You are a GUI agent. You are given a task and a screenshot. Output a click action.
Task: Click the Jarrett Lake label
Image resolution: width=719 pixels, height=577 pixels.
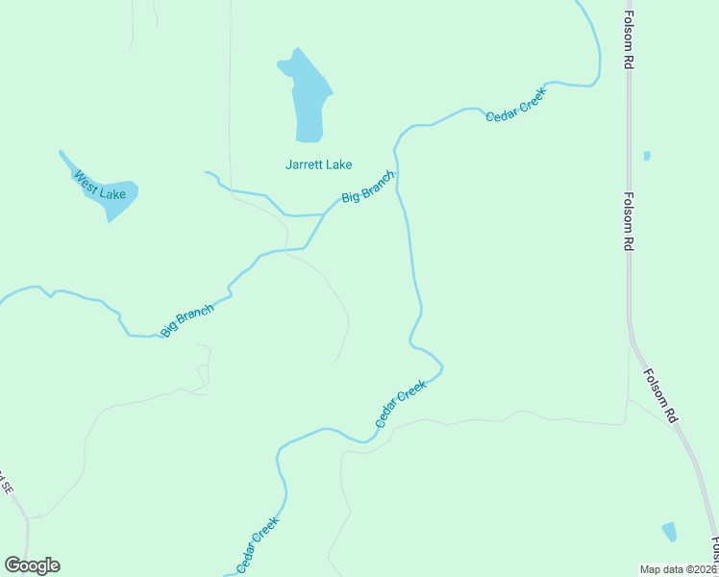tap(319, 164)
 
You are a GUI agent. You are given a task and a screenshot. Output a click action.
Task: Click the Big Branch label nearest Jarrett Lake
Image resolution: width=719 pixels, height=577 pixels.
tap(368, 186)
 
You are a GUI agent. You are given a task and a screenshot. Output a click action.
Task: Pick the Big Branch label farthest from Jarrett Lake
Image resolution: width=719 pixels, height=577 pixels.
tap(186, 320)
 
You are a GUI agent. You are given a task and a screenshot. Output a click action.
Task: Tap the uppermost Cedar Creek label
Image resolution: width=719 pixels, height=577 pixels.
tap(515, 105)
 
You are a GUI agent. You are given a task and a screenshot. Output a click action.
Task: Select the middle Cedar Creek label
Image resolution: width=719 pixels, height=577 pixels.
tap(400, 405)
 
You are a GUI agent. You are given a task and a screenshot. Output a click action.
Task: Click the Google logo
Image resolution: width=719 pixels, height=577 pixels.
tap(32, 565)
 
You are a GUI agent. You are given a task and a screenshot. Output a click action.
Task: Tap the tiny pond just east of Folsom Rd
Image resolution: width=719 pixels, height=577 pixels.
tap(647, 156)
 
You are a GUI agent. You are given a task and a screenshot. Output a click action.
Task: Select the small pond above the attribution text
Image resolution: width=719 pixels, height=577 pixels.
tap(669, 532)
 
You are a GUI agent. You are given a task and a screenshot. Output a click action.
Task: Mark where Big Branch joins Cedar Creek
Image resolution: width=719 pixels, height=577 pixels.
tap(396, 173)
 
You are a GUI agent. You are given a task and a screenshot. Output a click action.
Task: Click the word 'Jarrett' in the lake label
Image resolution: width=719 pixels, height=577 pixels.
tap(305, 164)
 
